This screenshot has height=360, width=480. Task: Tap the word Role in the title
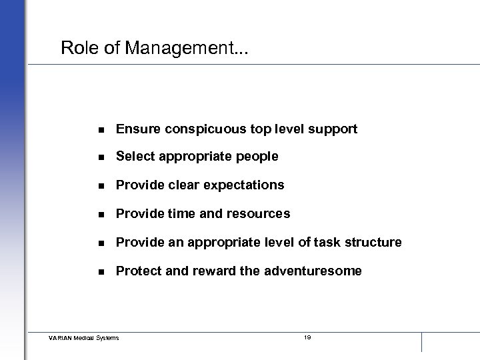(x=75, y=48)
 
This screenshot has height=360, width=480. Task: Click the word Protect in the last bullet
(x=137, y=271)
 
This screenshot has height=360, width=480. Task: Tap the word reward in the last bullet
(x=208, y=271)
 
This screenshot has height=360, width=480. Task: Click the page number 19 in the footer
(x=307, y=337)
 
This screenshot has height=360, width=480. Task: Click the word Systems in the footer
(x=107, y=338)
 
